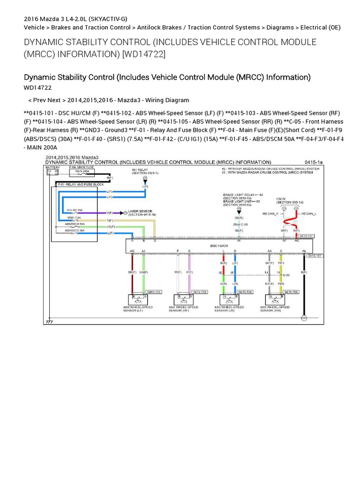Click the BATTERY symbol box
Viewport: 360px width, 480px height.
coord(50,172)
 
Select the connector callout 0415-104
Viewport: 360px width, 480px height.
coord(246,292)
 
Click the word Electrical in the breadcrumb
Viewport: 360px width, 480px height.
coord(314,28)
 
